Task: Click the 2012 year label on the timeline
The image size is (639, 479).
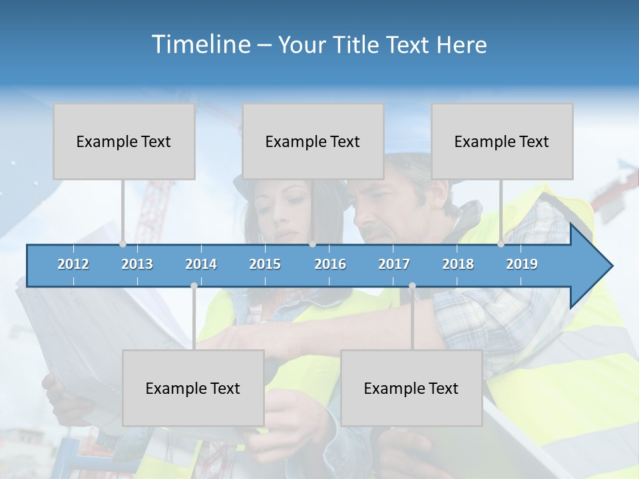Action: [x=73, y=264]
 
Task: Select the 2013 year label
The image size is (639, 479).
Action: [x=137, y=264]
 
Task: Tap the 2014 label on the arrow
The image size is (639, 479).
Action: [x=201, y=264]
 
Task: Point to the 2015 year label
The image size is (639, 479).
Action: [x=265, y=264]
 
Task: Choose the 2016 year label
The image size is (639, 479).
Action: [x=330, y=264]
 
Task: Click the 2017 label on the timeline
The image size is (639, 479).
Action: [x=394, y=264]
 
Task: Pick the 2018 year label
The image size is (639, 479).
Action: [x=458, y=264]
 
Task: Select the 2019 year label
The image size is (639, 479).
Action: [x=522, y=264]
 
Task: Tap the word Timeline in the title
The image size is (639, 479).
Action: [x=200, y=45]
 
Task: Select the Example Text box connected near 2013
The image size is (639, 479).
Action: [x=124, y=141]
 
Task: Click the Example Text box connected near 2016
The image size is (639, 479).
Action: [x=313, y=141]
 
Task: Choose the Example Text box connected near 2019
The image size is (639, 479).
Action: [x=502, y=141]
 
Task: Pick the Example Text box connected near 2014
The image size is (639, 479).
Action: [x=193, y=388]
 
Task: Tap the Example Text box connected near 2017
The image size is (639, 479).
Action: [x=411, y=388]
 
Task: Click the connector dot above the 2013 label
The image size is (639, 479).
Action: [x=123, y=244]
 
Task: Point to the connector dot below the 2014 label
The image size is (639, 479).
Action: [x=194, y=286]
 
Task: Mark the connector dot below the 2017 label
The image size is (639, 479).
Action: [x=412, y=286]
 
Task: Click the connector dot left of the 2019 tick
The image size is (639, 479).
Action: [x=501, y=244]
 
